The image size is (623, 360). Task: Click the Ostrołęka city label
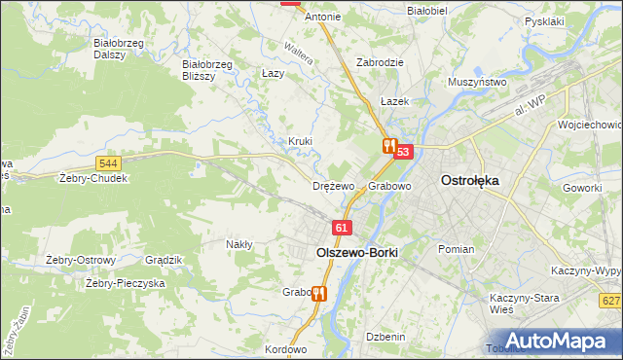click(x=470, y=180)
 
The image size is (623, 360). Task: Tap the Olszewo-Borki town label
click(x=357, y=251)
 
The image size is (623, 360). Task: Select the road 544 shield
click(x=109, y=163)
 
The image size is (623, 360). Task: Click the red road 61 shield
click(x=341, y=228)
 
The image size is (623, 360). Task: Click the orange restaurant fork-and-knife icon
click(x=388, y=146)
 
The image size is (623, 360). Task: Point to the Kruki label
click(x=300, y=141)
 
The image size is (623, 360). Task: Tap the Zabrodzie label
click(x=380, y=61)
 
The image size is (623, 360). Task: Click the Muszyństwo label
click(x=477, y=83)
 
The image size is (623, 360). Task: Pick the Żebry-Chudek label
click(x=93, y=179)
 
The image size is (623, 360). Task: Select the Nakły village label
click(x=239, y=245)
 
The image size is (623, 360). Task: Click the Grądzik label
click(x=164, y=260)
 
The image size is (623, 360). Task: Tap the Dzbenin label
click(x=385, y=337)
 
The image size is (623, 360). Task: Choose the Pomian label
click(x=456, y=249)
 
